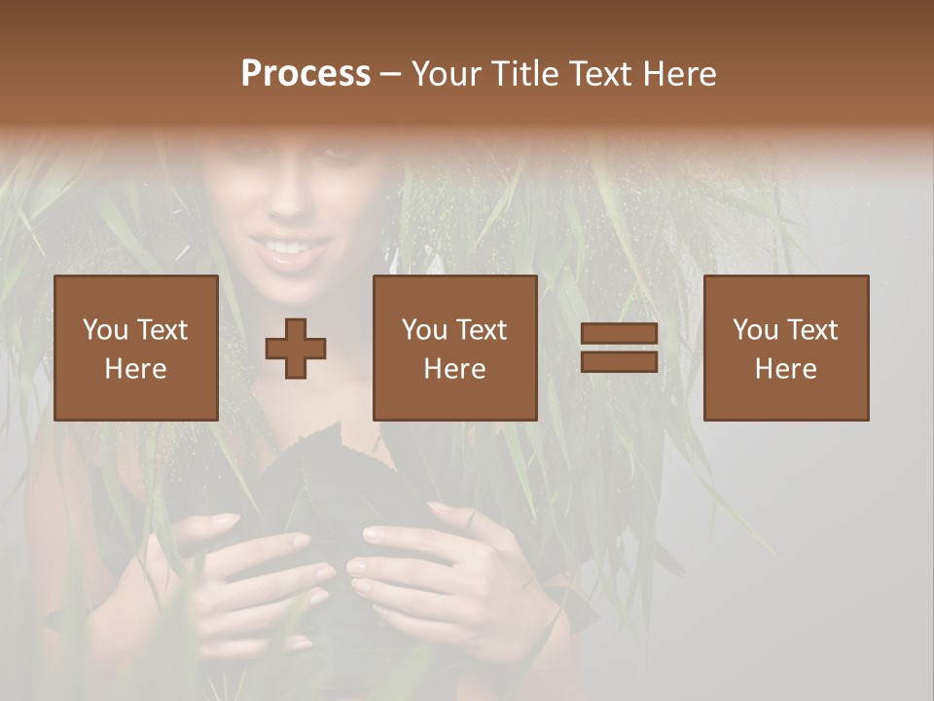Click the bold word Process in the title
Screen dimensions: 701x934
click(305, 74)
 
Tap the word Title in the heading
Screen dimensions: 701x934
click(526, 74)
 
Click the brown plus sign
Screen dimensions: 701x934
click(296, 348)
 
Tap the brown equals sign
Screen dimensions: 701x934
click(619, 348)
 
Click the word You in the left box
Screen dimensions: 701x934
click(104, 329)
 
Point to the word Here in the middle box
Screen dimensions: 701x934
click(455, 369)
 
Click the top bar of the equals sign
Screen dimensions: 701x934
click(619, 334)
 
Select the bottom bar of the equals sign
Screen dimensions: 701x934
click(619, 361)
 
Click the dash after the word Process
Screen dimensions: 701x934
click(390, 74)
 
